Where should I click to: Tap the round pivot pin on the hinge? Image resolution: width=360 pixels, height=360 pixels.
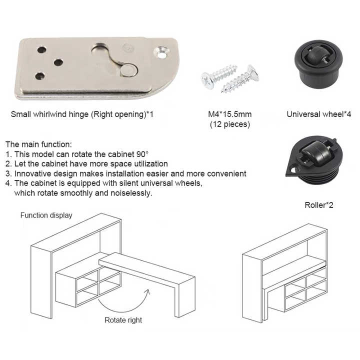[x=128, y=70]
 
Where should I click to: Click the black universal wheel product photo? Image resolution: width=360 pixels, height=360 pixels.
[x=318, y=64]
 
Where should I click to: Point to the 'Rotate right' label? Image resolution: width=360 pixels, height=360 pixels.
[x=123, y=320]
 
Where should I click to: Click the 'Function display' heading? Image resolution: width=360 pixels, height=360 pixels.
[x=46, y=215]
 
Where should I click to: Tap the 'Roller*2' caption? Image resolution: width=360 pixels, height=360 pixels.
[x=318, y=205]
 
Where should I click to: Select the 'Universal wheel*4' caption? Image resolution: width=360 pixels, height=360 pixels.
[x=319, y=114]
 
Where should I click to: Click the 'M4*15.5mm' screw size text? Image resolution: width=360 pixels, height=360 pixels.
[x=230, y=114]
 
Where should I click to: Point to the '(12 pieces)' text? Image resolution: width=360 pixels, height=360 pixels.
[x=230, y=124]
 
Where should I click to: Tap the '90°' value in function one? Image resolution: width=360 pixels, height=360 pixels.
[x=142, y=154]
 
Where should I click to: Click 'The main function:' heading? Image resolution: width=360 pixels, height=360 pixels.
[x=38, y=144]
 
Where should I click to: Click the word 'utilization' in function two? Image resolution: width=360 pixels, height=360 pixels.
[x=151, y=163]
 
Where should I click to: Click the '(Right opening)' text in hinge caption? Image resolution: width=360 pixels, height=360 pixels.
[x=118, y=114]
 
